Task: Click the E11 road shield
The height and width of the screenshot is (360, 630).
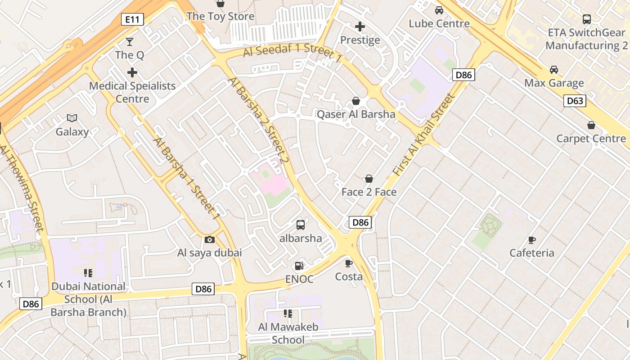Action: pyautogui.click(x=133, y=19)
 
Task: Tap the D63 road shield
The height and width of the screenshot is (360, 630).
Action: pyautogui.click(x=575, y=101)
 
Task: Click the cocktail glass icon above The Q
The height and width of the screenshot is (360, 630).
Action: pyautogui.click(x=130, y=42)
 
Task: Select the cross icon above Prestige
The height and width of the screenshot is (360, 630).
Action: pyautogui.click(x=360, y=27)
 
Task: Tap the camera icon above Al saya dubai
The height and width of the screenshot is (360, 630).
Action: pyautogui.click(x=209, y=239)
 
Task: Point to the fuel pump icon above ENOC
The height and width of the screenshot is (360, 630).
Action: pyautogui.click(x=299, y=266)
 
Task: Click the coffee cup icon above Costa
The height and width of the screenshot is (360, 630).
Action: pyautogui.click(x=349, y=263)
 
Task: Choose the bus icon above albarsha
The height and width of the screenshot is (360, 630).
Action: pyautogui.click(x=301, y=225)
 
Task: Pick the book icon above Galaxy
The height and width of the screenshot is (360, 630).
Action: pyautogui.click(x=72, y=118)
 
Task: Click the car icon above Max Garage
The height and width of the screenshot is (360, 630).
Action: pyautogui.click(x=554, y=70)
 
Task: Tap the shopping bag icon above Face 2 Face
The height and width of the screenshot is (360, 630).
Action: pyautogui.click(x=369, y=179)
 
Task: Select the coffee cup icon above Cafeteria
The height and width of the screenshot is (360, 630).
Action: pyautogui.click(x=532, y=240)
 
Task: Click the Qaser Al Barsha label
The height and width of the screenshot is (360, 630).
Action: pyautogui.click(x=356, y=114)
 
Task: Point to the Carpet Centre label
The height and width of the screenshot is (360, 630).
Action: pyautogui.click(x=591, y=138)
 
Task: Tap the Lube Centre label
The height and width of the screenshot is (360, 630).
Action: pyautogui.click(x=439, y=23)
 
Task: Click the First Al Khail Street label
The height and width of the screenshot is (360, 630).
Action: pyautogui.click(x=424, y=134)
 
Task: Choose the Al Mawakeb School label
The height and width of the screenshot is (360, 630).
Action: pyautogui.click(x=288, y=333)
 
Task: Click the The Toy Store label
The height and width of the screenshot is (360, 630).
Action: pyautogui.click(x=220, y=16)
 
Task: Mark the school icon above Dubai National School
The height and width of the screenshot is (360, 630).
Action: pyautogui.click(x=88, y=273)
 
